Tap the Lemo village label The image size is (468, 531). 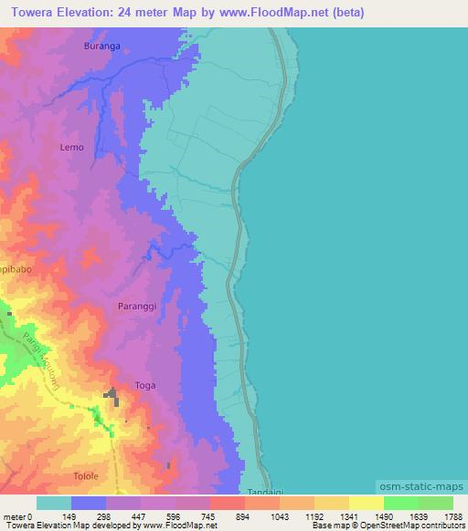tap(72, 146)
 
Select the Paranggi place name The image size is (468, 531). tap(138, 307)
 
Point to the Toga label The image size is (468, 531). tap(145, 385)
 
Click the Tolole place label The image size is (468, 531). tap(85, 476)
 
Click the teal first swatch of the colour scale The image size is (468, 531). tap(54, 503)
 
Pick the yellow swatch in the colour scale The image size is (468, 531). tap(367, 503)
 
